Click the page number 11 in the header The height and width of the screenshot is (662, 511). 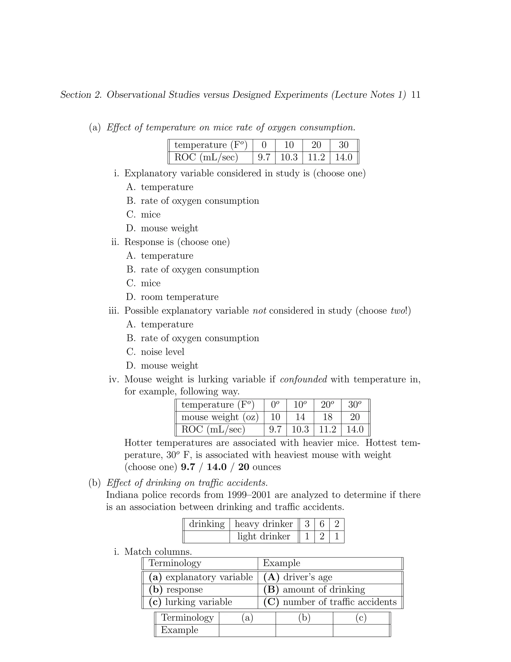pos(416,95)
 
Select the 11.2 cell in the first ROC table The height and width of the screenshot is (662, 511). pos(316,157)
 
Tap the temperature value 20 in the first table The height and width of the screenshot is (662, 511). pos(316,145)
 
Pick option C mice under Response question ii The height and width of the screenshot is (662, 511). pos(150,283)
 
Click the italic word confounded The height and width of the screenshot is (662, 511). pos(303,379)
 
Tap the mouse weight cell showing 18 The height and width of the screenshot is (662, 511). pos(328,417)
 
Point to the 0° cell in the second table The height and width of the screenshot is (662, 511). pos(275,405)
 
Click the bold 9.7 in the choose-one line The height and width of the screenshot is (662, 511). pos(188,467)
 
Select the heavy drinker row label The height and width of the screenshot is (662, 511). pos(263,524)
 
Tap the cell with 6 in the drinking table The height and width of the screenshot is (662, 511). pos(322,524)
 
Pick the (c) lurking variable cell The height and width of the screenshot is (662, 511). pos(191,602)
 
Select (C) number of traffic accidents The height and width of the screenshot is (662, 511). pos(330,602)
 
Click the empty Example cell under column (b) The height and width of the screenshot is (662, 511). pos(304,630)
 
